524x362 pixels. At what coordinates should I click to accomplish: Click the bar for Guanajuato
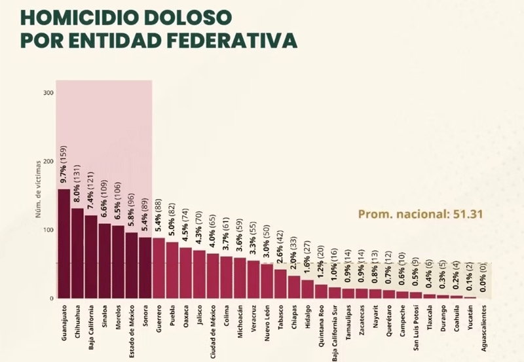[x=64, y=244]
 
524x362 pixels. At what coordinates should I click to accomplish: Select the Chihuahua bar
[x=77, y=253]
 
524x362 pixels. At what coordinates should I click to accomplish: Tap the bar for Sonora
[x=145, y=268]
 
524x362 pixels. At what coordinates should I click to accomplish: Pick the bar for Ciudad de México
[x=213, y=276]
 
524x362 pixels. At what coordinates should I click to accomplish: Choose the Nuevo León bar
[x=267, y=281]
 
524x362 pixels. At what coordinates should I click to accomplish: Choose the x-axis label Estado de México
[x=132, y=325]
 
